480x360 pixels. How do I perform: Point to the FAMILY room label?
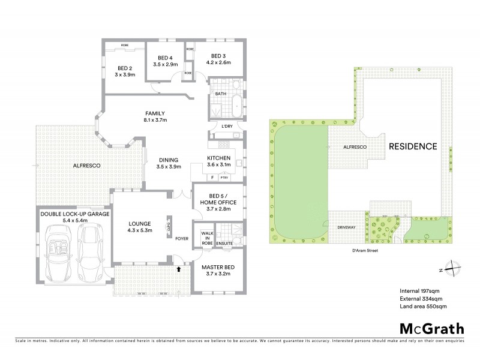click(x=155, y=113)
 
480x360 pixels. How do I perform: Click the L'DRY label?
click(x=227, y=126)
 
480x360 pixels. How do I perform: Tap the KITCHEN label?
click(x=218, y=157)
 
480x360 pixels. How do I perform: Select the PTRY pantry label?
click(x=224, y=178)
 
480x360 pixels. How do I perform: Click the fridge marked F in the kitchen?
click(x=212, y=178)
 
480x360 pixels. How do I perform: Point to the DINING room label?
click(x=169, y=160)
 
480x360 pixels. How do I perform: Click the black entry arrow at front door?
click(x=178, y=270)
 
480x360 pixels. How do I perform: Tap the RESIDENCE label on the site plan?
click(x=412, y=146)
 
